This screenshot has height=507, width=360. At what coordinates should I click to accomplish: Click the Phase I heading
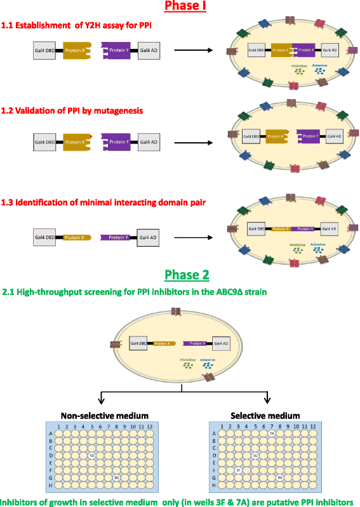(180, 6)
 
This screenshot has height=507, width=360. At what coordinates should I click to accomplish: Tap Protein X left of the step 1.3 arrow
(75, 238)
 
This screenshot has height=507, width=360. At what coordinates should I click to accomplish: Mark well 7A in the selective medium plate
(271, 433)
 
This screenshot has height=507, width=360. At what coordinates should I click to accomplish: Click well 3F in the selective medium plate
(237, 470)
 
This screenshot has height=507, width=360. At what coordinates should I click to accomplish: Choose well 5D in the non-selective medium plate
(92, 455)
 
